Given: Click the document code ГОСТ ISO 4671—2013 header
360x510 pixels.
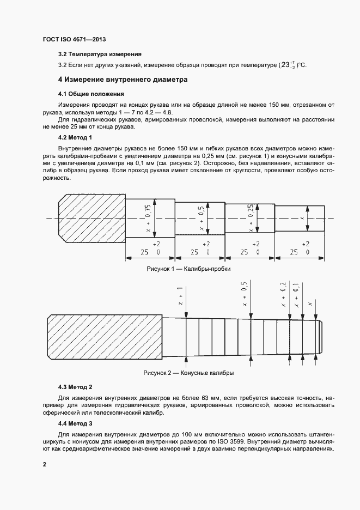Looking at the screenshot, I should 74,40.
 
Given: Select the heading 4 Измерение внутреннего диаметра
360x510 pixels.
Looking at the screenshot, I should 115,80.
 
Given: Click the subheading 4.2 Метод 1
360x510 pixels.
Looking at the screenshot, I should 75,137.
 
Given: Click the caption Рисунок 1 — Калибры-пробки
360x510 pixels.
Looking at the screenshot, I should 188,269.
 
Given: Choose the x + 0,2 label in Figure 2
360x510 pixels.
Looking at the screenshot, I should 283,295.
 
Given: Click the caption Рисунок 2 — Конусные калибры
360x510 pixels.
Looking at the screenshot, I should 188,373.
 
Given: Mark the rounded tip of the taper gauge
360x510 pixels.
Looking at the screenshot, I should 320,336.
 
